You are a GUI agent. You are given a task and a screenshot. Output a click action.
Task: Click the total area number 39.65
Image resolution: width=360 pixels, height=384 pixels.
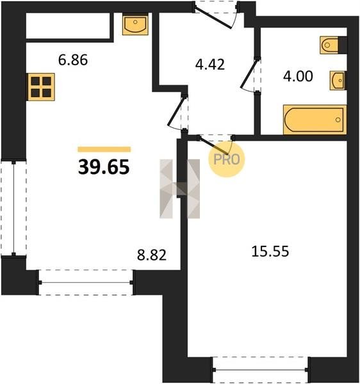click(x=104, y=167)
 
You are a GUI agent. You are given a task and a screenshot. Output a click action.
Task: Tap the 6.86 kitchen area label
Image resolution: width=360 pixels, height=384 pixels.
click(x=73, y=60)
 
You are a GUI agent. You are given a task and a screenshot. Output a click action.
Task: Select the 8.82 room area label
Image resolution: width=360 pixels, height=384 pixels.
click(x=152, y=255)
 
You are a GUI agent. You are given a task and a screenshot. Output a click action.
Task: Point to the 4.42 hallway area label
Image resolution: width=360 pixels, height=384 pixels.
click(x=210, y=65)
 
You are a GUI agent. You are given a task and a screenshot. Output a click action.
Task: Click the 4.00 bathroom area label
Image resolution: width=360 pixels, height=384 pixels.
click(x=298, y=76)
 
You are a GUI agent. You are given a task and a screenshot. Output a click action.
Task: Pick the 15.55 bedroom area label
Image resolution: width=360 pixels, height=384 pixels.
click(x=270, y=252)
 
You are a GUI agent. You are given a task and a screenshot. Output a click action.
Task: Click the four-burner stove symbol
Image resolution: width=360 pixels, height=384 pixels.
click(x=41, y=87)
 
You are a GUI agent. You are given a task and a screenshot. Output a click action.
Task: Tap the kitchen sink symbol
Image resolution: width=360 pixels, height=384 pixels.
click(x=135, y=24)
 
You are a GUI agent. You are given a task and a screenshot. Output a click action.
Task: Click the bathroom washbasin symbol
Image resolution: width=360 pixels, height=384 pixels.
click(x=338, y=81)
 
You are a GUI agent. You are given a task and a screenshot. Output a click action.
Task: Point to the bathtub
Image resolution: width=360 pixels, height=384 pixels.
click(x=315, y=120)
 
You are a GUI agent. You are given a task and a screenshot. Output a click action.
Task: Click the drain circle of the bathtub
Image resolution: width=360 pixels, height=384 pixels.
click(x=338, y=120)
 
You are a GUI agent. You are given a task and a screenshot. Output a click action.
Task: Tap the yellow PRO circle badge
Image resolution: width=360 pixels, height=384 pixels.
click(x=226, y=159)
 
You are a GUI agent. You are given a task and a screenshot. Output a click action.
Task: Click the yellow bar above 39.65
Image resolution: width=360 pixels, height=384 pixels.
click(x=104, y=149)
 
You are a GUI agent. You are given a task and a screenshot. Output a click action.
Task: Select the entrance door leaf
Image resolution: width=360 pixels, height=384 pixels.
click(x=213, y=19)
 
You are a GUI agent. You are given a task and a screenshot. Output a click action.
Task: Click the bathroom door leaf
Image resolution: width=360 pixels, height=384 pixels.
click(x=249, y=74)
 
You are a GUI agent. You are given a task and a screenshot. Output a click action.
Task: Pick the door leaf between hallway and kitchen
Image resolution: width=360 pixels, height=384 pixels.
click(x=176, y=111)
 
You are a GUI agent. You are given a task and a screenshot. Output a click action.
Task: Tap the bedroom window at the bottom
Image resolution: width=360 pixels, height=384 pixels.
click(x=260, y=370)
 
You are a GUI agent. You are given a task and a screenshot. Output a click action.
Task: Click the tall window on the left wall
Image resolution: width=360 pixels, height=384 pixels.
click(x=13, y=208)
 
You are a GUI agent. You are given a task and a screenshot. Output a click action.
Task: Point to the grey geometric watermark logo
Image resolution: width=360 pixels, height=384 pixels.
click(x=179, y=189)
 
